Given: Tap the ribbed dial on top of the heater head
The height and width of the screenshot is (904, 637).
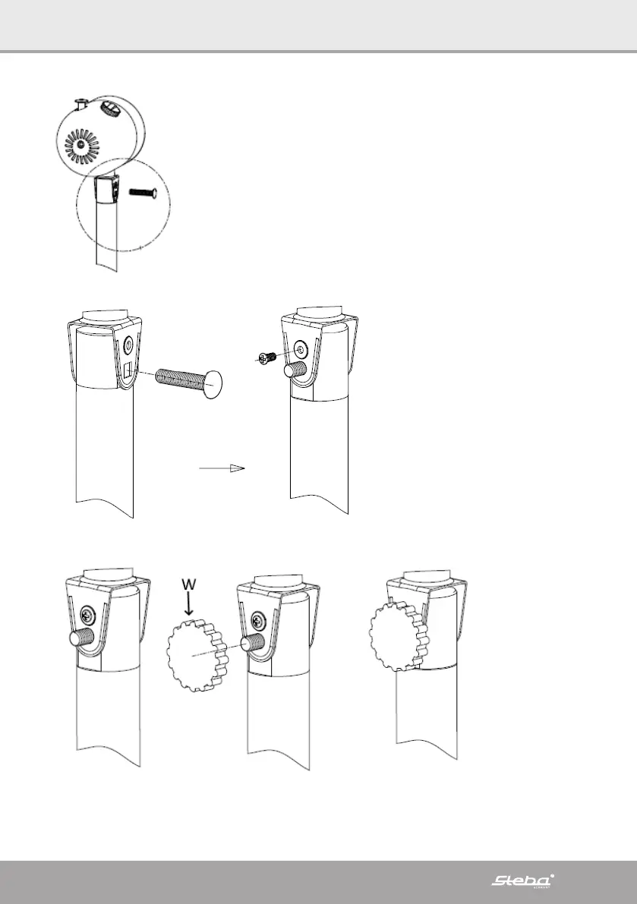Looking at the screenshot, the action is coord(110,109).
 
